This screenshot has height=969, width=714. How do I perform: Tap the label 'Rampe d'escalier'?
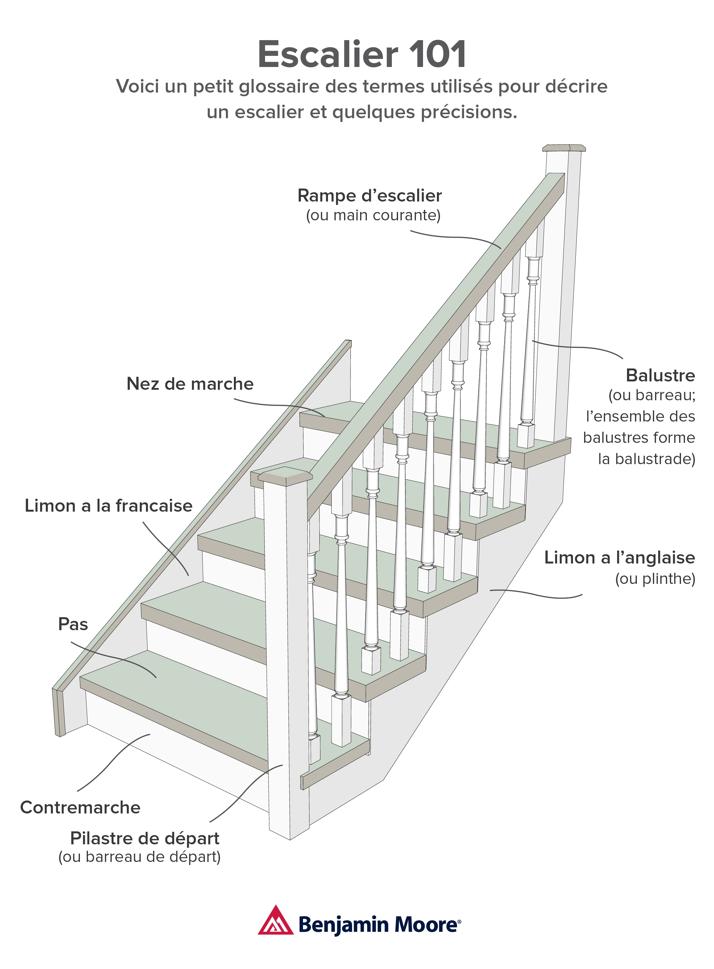pyautogui.click(x=370, y=196)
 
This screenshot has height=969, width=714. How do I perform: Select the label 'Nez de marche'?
pyautogui.click(x=190, y=384)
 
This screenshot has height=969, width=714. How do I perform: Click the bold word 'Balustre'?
pyautogui.click(x=660, y=375)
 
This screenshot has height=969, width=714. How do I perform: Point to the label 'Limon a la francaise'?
pyautogui.click(x=109, y=506)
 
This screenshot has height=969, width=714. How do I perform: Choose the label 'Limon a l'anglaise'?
pyautogui.click(x=619, y=558)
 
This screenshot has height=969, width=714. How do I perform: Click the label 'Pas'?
pyautogui.click(x=73, y=624)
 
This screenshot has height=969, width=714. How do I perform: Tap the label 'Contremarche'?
pyautogui.click(x=81, y=807)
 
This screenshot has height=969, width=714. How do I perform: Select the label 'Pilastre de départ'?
pyautogui.click(x=145, y=838)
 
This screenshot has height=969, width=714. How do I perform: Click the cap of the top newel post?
pyautogui.click(x=564, y=148)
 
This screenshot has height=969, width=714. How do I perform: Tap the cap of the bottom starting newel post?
pyautogui.click(x=285, y=476)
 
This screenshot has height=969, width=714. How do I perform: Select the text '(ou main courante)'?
pyautogui.click(x=373, y=215)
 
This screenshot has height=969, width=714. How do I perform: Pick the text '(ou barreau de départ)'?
pyautogui.click(x=139, y=857)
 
